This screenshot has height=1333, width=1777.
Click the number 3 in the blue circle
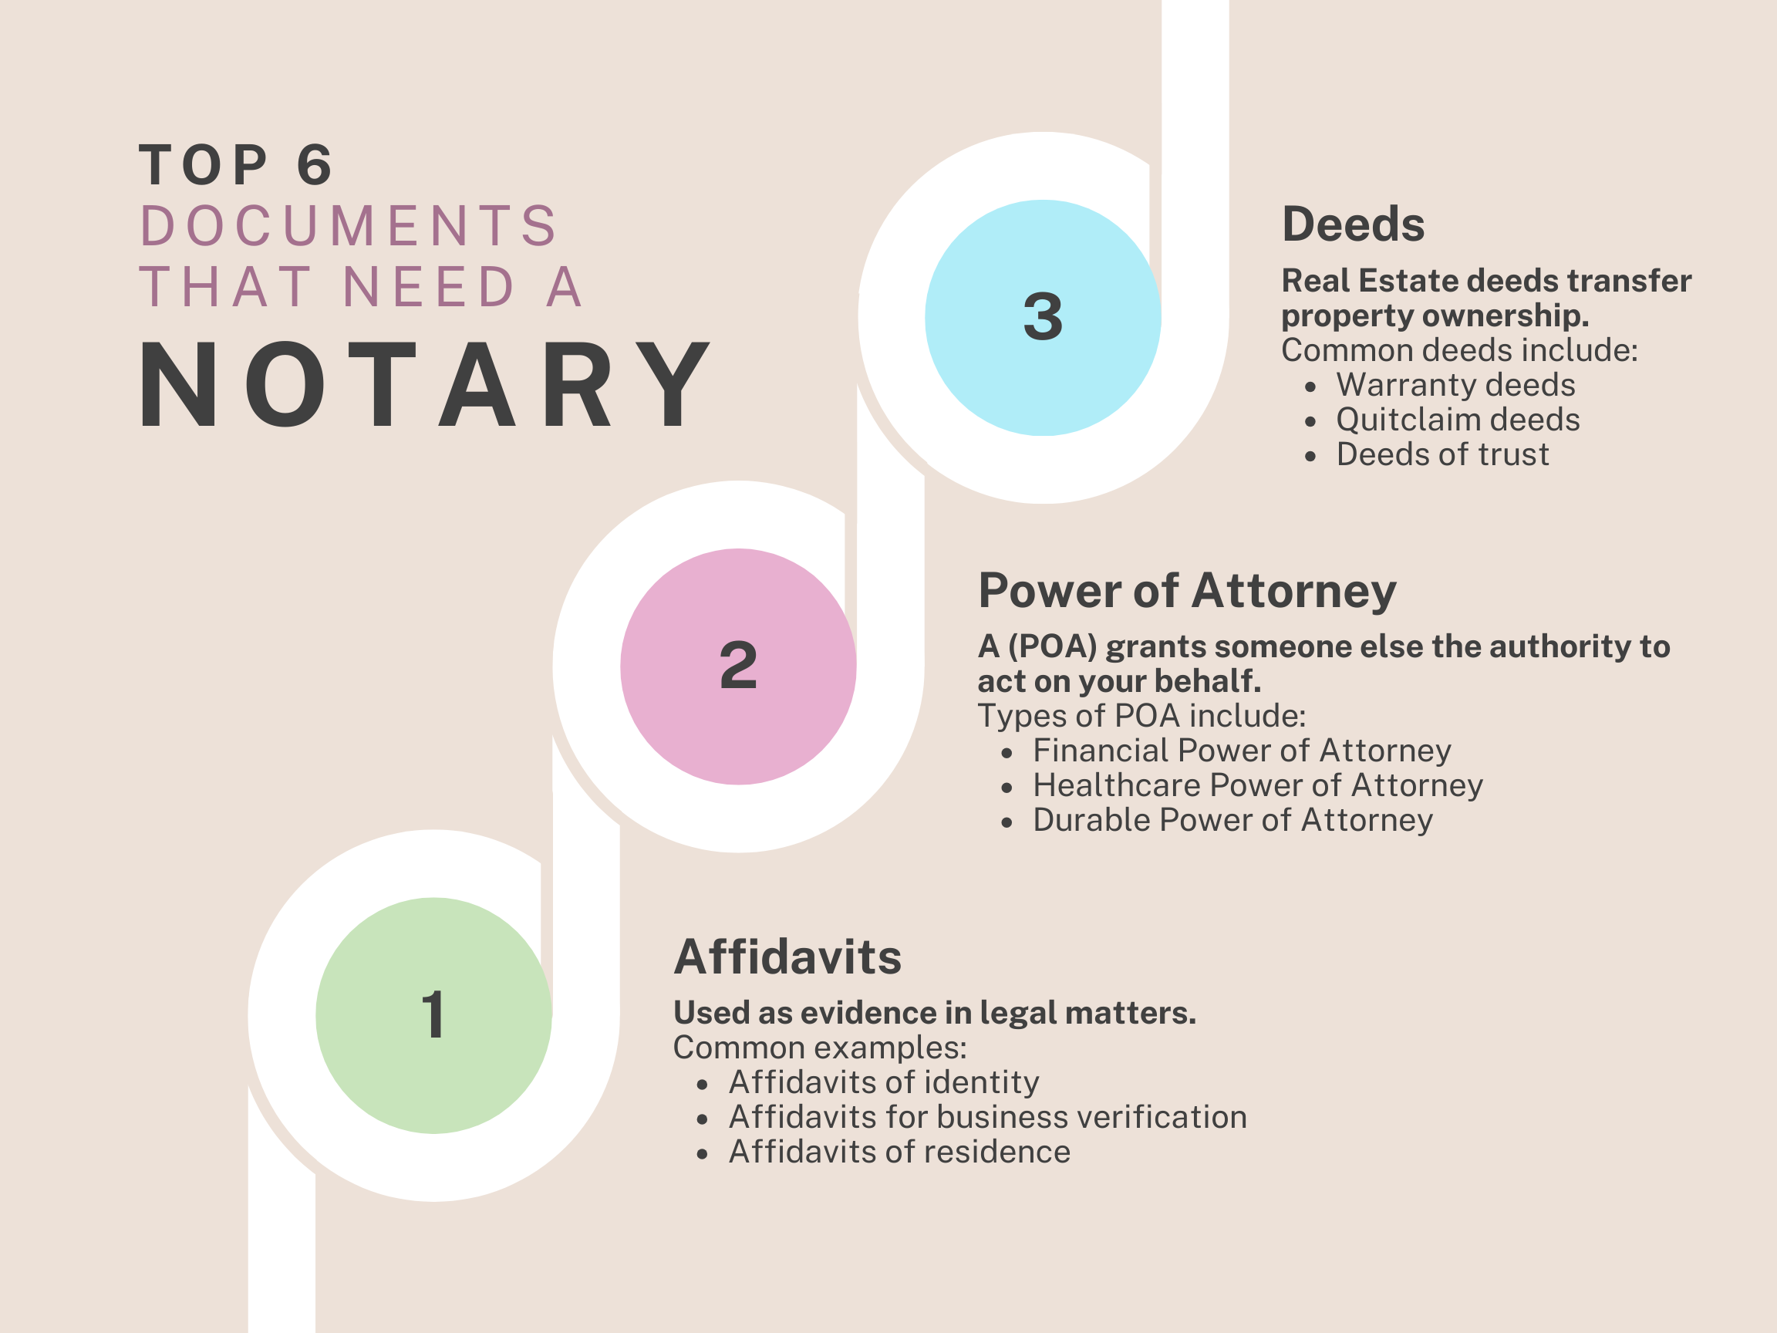tap(1043, 316)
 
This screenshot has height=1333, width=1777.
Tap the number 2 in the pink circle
tap(738, 665)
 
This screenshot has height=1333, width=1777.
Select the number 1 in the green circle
tap(433, 1015)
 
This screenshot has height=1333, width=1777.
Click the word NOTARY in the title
tap(424, 385)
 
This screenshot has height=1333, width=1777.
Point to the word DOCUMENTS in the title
tap(349, 226)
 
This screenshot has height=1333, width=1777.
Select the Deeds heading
tap(1353, 224)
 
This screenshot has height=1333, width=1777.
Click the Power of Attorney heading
tap(1187, 592)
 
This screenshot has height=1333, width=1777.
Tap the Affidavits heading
tap(787, 957)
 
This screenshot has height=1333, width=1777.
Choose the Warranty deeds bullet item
tap(1455, 386)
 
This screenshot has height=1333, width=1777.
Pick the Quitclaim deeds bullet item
tap(1457, 420)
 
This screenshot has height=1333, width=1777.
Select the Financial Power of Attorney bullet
tap(1242, 751)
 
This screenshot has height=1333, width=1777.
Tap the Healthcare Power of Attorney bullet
tap(1257, 785)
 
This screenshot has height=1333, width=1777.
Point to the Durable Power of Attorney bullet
tap(1232, 820)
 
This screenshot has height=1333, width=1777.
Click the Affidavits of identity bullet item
tap(884, 1082)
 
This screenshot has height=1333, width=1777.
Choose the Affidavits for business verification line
tap(987, 1117)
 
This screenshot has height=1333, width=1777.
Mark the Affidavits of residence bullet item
tap(899, 1152)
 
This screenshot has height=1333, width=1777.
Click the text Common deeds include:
tap(1459, 350)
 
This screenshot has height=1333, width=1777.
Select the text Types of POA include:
tap(1141, 716)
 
